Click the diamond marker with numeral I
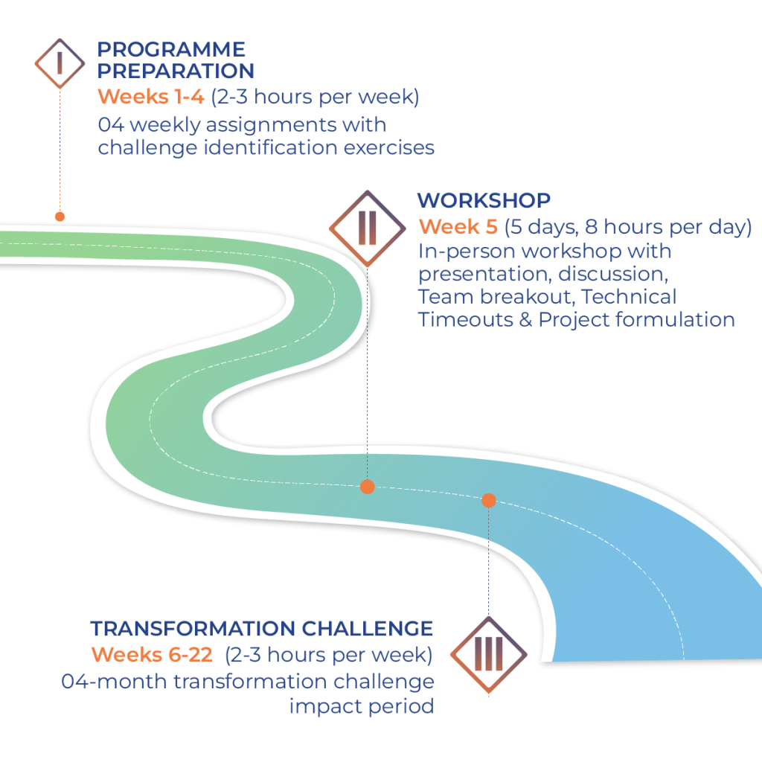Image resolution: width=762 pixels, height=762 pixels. click(x=60, y=63)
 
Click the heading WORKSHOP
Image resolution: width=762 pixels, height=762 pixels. click(x=484, y=200)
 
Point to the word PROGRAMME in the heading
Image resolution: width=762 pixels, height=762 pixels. click(x=172, y=50)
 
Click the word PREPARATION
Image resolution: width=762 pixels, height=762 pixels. click(x=176, y=71)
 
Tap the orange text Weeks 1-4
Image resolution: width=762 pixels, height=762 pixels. click(x=151, y=97)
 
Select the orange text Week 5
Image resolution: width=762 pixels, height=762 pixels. click(x=458, y=226)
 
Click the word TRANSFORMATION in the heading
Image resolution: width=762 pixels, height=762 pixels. click(x=193, y=629)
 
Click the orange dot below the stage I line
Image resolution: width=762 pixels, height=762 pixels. click(x=60, y=217)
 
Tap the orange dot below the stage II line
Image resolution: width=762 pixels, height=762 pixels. click(x=367, y=487)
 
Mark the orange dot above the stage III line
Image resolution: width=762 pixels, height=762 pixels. click(x=488, y=500)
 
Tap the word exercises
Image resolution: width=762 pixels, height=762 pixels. click(x=388, y=147)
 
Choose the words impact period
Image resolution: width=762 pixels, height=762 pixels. click(x=361, y=706)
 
